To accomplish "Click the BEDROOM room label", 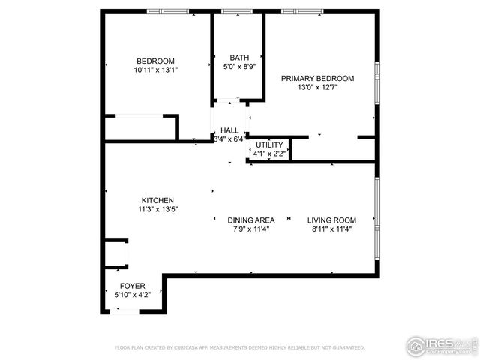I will pyautogui.click(x=155, y=61).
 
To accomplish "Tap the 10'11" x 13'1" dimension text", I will pyautogui.click(x=155, y=70).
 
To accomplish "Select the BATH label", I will pyautogui.click(x=239, y=57).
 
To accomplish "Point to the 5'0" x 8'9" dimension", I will pyautogui.click(x=239, y=66).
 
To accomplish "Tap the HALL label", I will pyautogui.click(x=229, y=130).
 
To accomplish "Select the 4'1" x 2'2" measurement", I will pyautogui.click(x=268, y=154).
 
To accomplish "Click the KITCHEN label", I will pyautogui.click(x=157, y=200).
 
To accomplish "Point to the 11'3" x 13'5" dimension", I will pyautogui.click(x=157, y=209).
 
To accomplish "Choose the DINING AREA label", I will pyautogui.click(x=251, y=220).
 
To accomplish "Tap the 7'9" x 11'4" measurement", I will pyautogui.click(x=251, y=229).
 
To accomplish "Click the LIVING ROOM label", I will pyautogui.click(x=331, y=220).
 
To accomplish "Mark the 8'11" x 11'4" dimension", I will pyautogui.click(x=331, y=229).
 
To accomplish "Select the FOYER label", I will pyautogui.click(x=133, y=286).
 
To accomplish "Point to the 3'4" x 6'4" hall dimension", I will pyautogui.click(x=229, y=139).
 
